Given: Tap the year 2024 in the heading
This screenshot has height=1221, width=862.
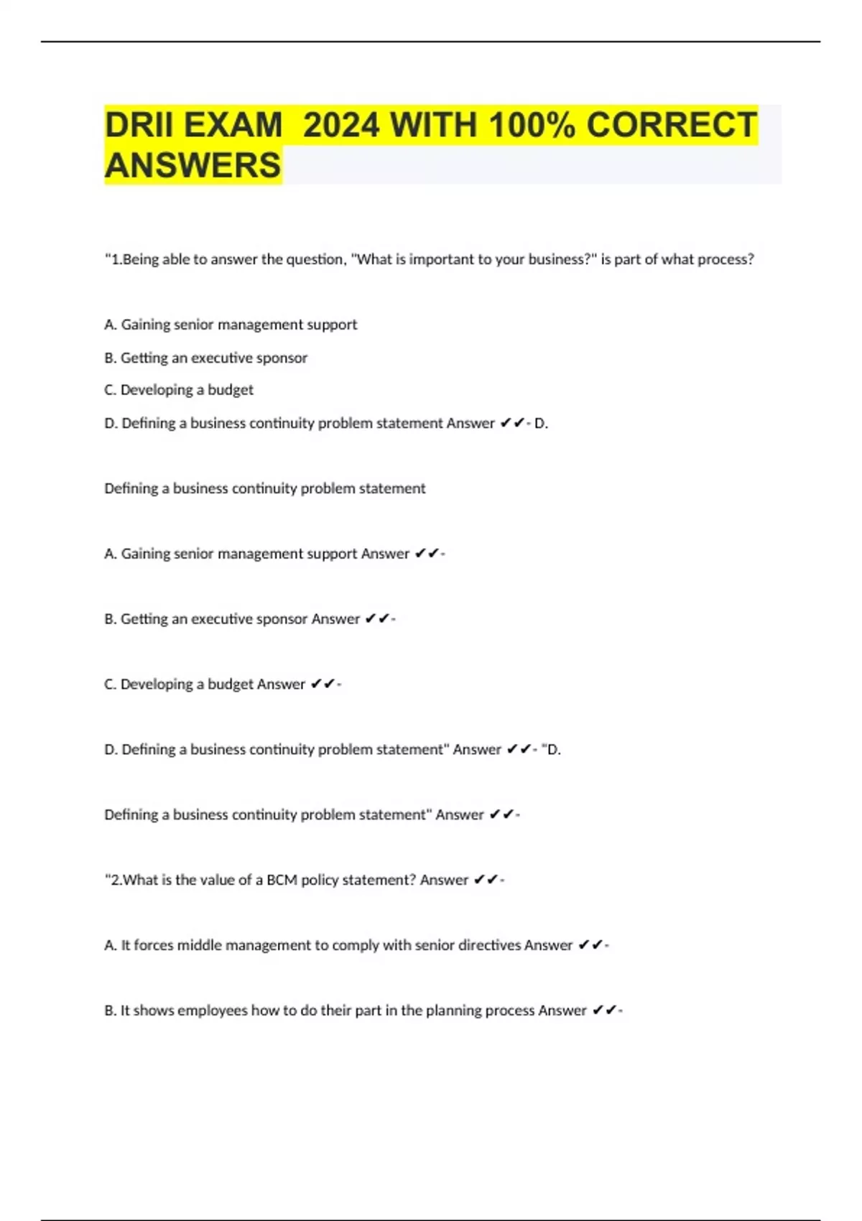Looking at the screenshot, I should pyautogui.click(x=340, y=125).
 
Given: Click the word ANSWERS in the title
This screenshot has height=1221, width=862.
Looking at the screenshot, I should pyautogui.click(x=193, y=165).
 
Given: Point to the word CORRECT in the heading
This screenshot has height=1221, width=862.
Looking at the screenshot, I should pyautogui.click(x=672, y=125).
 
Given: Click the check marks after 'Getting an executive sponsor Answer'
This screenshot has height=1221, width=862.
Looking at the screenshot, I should pyautogui.click(x=377, y=618).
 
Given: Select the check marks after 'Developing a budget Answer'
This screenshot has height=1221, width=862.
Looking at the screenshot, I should pyautogui.click(x=323, y=684).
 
